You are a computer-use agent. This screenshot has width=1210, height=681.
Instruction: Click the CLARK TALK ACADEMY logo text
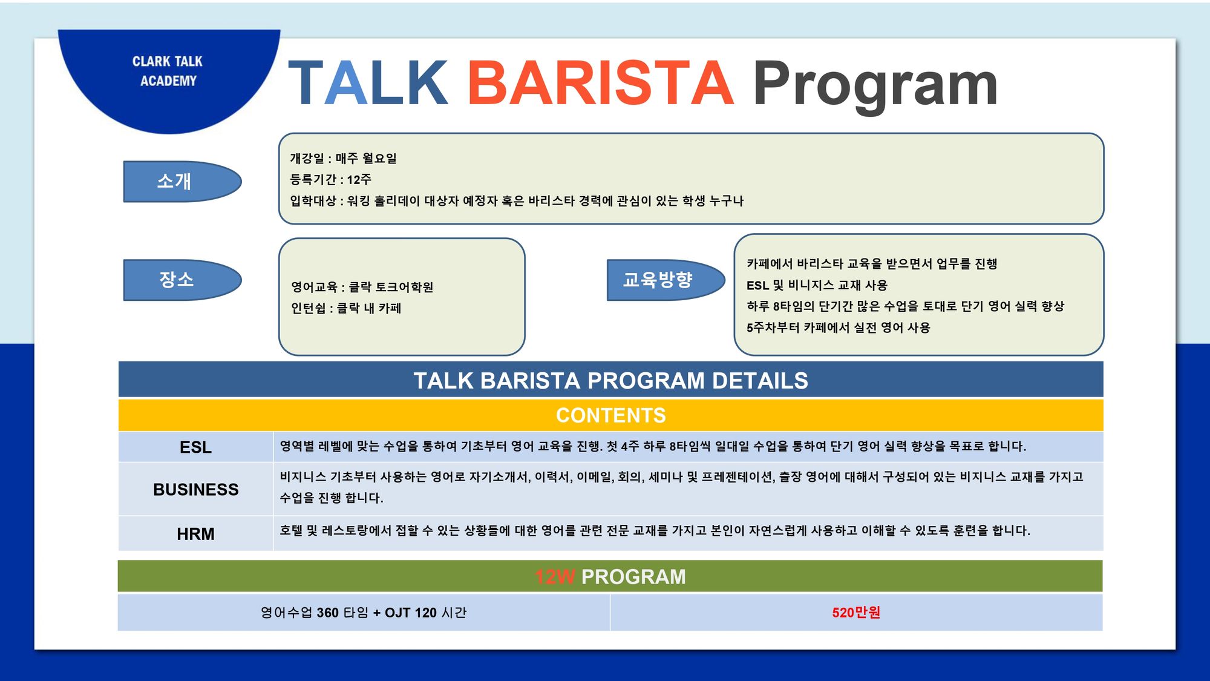tap(168, 71)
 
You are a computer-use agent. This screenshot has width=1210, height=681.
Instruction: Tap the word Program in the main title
tap(875, 85)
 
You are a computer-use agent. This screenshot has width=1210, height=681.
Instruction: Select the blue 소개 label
tap(182, 181)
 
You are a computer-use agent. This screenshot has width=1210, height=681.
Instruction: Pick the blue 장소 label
tap(182, 280)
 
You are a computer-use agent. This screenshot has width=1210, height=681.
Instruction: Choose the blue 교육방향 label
tap(665, 280)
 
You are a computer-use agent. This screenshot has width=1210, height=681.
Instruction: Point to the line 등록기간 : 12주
tap(330, 179)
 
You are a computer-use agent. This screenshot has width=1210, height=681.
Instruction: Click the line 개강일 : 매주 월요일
tap(343, 158)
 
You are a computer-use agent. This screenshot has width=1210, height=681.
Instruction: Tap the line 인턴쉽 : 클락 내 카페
tap(346, 308)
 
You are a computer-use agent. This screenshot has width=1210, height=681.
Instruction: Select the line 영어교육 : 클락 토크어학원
tap(362, 287)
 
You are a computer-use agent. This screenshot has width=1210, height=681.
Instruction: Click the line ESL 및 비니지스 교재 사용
tap(817, 285)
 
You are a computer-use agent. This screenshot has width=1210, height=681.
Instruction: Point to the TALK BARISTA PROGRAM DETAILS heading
tap(611, 381)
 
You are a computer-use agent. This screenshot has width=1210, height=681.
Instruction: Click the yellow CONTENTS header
tap(611, 415)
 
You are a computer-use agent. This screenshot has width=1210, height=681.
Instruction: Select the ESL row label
tap(195, 447)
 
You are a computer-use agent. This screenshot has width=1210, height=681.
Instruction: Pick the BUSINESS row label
tap(195, 490)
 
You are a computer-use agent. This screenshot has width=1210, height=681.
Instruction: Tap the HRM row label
tap(195, 534)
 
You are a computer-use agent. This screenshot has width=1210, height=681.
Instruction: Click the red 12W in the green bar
tap(555, 577)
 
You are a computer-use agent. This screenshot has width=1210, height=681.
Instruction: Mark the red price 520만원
tap(856, 613)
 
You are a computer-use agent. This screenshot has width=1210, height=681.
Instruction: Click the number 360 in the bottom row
tap(327, 613)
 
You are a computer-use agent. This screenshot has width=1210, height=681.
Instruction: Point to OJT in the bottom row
tap(397, 613)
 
